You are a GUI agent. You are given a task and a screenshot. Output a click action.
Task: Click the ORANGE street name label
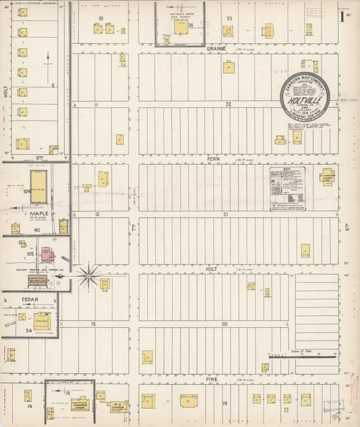[216, 49]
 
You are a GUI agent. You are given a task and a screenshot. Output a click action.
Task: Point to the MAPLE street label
[38, 214]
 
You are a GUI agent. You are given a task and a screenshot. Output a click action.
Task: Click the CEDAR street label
[29, 299]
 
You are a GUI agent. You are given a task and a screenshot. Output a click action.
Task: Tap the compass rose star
[87, 274]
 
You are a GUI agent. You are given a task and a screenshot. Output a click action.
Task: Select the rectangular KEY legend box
[287, 190]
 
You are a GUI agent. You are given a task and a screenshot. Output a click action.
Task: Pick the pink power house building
[47, 255]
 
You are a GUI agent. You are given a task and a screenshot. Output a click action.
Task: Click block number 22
[228, 104]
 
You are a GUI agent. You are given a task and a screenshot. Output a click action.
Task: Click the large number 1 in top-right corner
[342, 17]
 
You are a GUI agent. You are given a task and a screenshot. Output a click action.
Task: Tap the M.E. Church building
[118, 407]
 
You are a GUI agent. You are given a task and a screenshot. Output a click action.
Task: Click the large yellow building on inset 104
[38, 186]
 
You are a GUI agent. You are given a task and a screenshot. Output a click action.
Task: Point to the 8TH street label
[38, 156]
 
